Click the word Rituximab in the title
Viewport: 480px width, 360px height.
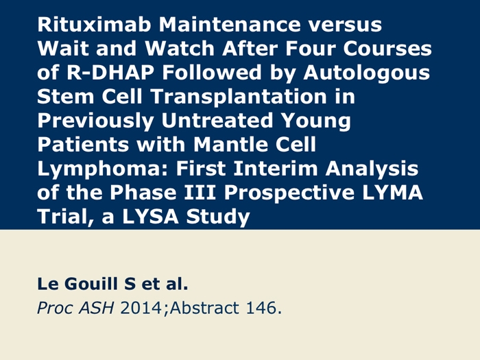pos(94,24)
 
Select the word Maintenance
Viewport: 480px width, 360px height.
pos(229,24)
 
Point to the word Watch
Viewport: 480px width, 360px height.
pos(180,48)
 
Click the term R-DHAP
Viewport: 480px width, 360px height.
pos(110,72)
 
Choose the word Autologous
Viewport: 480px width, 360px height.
pos(367,73)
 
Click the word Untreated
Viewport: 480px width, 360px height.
pos(217,120)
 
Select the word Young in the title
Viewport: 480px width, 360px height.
pos(315,121)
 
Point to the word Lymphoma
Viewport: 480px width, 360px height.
pos(103,169)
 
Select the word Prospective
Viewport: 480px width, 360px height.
pos(289,193)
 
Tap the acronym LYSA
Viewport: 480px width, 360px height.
pos(150,216)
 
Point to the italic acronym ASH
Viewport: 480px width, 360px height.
pos(96,308)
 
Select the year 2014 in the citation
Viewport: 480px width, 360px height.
pos(141,308)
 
